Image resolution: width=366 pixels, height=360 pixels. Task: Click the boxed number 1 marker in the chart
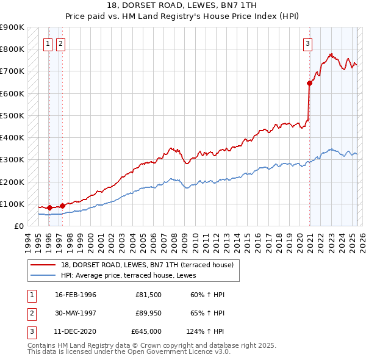tap(48, 43)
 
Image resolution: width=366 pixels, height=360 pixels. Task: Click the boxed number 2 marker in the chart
tap(61, 43)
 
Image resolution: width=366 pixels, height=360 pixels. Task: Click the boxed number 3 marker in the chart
tap(308, 43)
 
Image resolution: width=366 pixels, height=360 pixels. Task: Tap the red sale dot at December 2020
tap(310, 83)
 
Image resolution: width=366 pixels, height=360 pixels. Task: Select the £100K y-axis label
tap(12, 204)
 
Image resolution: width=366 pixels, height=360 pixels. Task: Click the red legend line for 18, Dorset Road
tap(44, 264)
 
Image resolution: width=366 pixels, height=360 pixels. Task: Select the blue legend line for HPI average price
tap(44, 275)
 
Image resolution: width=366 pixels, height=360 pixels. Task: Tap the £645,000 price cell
tap(146, 332)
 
